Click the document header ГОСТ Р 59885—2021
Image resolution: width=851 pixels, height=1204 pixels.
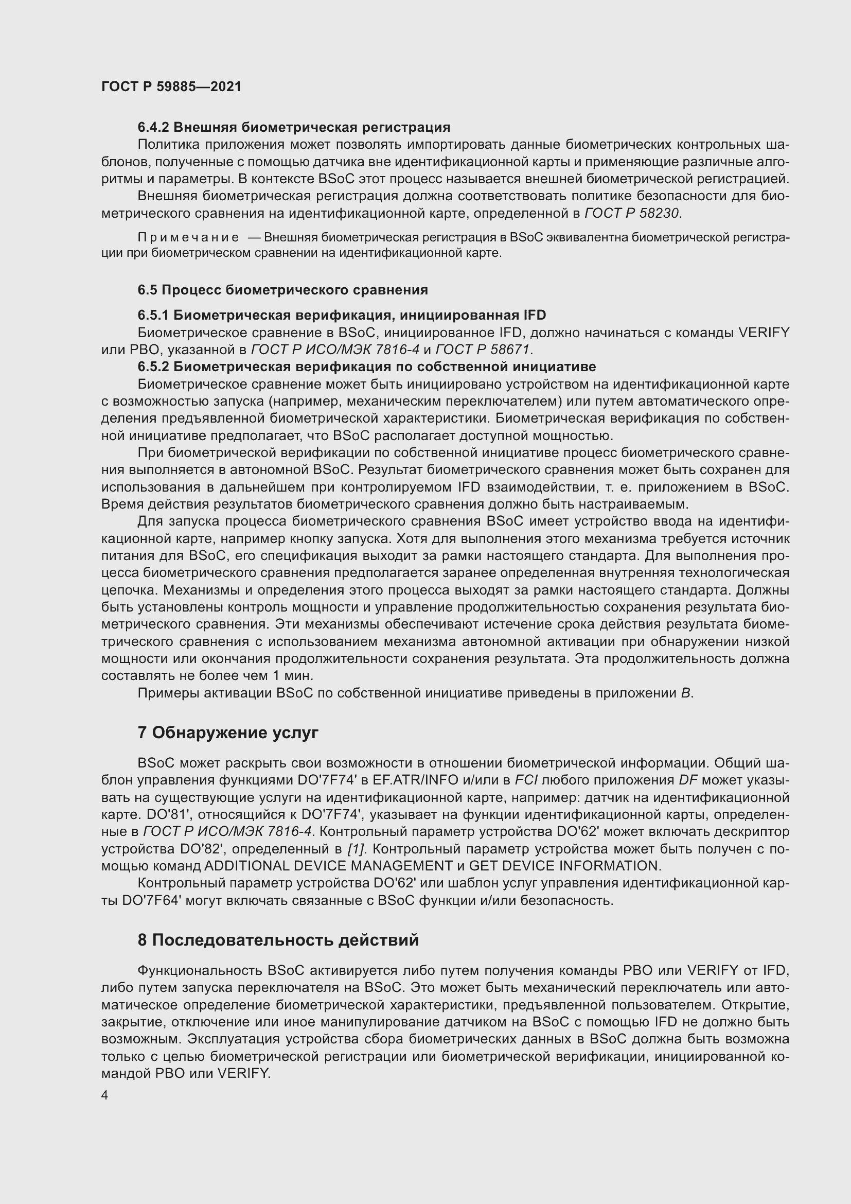tap(171, 86)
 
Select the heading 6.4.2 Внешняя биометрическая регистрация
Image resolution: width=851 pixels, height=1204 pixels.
tap(294, 128)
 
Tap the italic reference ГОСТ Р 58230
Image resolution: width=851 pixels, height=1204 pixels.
tap(631, 214)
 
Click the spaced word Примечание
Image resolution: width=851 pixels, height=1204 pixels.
tap(188, 237)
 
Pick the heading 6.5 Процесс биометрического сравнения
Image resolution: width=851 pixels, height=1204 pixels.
tap(282, 290)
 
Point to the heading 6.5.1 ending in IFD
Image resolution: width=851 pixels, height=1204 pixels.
tap(342, 315)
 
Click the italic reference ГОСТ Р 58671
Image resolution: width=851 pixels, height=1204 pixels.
tap(483, 349)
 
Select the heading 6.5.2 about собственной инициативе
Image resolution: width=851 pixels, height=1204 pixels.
tap(367, 367)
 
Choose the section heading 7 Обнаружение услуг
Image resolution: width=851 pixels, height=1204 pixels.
tap(227, 733)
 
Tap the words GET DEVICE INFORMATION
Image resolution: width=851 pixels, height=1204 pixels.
tap(563, 866)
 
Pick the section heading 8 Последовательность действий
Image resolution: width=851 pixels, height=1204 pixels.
tap(278, 940)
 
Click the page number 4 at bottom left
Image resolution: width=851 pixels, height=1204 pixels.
tap(105, 1095)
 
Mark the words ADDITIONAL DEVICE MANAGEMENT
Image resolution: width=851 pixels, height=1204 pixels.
tap(328, 866)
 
